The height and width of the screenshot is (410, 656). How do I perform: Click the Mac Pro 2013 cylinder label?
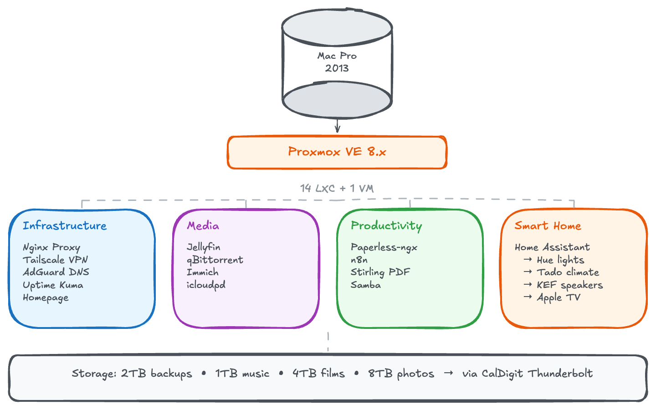point(337,62)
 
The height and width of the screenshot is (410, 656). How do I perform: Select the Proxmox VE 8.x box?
point(337,152)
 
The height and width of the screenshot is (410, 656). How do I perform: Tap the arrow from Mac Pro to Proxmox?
point(337,126)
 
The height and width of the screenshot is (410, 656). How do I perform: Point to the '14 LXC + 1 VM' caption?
point(337,188)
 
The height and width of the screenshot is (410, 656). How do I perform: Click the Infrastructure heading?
point(65,226)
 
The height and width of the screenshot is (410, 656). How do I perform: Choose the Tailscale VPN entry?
point(55,260)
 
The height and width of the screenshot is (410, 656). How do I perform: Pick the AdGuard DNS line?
point(56,272)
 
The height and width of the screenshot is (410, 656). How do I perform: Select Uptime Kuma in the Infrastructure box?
point(53,285)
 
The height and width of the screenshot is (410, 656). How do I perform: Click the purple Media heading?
point(203,226)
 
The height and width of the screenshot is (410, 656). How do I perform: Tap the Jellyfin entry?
point(204,247)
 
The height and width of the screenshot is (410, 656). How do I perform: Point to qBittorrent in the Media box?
point(215,260)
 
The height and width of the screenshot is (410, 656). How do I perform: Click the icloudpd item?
point(206,285)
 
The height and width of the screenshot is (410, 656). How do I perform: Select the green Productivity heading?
point(386,226)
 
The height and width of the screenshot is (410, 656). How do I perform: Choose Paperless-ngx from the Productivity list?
point(384,247)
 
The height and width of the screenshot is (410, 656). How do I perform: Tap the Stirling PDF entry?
point(380,272)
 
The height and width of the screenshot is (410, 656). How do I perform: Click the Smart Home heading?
point(548,226)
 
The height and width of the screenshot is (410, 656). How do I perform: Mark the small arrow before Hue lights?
point(528,259)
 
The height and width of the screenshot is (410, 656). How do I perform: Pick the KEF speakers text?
point(569,285)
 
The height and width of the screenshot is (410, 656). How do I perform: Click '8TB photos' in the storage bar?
point(401,374)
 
